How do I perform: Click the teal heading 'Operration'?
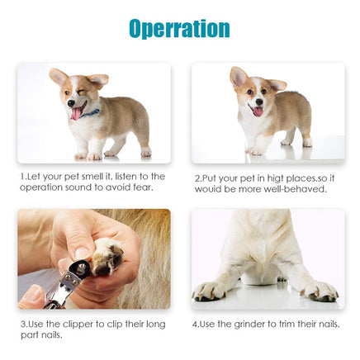pyautogui.click(x=179, y=28)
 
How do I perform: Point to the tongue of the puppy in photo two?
pyautogui.click(x=257, y=111)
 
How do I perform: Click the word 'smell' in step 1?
pyautogui.click(x=97, y=177)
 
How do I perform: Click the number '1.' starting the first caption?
pyautogui.click(x=24, y=177)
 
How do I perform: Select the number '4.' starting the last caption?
pyautogui.click(x=196, y=324)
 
